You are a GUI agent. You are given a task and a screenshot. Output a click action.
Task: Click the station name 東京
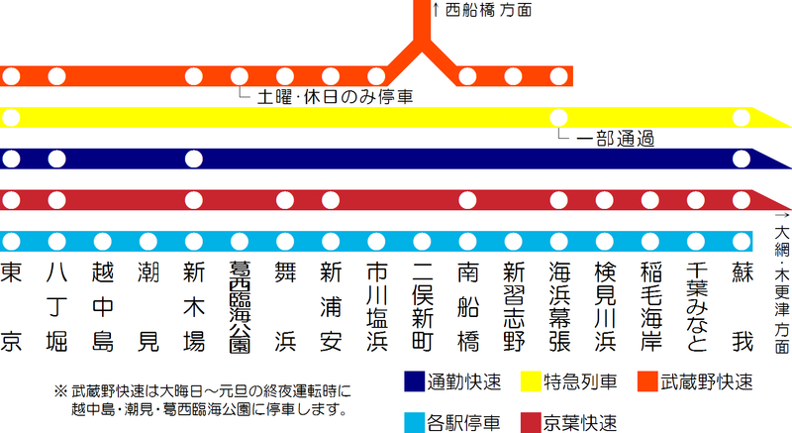(x=10, y=307)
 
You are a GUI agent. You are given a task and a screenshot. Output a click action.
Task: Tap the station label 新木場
(x=194, y=307)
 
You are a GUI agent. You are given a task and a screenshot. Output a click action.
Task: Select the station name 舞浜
(x=285, y=307)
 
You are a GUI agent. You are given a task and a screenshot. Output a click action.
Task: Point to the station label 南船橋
(x=467, y=307)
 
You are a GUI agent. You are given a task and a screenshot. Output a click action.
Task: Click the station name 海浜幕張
(x=559, y=307)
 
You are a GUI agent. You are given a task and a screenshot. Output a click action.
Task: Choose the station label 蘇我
(x=742, y=307)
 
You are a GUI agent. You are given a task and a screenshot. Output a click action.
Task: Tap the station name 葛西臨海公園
(x=240, y=307)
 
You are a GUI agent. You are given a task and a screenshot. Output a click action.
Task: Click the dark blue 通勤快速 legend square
(x=414, y=381)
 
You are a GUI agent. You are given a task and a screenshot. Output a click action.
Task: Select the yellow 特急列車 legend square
(x=531, y=381)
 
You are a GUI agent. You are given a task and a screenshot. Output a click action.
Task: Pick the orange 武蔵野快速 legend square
(x=647, y=381)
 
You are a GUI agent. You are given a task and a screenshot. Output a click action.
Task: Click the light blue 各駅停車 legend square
(x=414, y=423)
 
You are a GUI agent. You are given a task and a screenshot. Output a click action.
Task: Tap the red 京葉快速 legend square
(x=531, y=423)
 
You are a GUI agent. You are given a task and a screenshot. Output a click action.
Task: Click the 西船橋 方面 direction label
(x=488, y=10)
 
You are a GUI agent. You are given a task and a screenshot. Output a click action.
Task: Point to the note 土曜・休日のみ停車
(x=335, y=97)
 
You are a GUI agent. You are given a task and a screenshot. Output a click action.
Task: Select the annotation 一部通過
(x=615, y=139)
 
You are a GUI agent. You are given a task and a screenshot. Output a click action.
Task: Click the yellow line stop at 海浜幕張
(x=558, y=118)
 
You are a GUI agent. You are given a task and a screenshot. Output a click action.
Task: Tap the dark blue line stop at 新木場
(x=194, y=160)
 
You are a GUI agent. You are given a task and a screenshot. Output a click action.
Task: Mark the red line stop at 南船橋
(x=467, y=200)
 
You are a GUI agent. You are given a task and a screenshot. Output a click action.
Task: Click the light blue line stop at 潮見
(x=148, y=242)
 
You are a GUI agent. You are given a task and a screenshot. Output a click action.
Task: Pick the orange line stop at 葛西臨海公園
(x=240, y=77)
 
